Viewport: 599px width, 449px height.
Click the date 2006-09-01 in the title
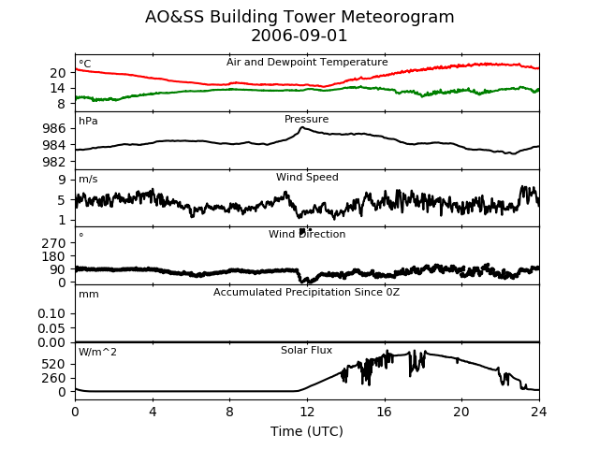(299, 36)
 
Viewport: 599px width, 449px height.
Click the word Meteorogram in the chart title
(397, 17)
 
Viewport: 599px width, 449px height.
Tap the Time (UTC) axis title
(307, 431)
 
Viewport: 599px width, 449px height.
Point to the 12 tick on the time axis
(307, 412)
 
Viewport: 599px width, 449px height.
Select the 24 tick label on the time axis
(539, 412)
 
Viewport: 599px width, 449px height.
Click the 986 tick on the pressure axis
(54, 128)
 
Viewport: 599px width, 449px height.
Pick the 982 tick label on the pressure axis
(54, 162)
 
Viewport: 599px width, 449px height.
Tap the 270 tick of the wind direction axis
(54, 243)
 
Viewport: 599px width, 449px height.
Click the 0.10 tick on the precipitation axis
(51, 313)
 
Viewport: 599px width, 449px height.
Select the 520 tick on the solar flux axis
(54, 364)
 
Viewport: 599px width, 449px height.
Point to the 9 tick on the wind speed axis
(62, 180)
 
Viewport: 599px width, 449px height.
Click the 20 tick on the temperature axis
(58, 73)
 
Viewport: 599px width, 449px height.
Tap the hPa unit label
(88, 122)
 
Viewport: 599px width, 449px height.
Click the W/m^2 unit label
(97, 352)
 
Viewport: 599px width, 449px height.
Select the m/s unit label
(88, 179)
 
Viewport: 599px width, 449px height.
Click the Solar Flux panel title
(306, 350)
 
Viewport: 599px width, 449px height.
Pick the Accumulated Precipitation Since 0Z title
(306, 293)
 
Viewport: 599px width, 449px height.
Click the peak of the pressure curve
(302, 127)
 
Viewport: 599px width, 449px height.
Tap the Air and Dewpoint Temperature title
(307, 63)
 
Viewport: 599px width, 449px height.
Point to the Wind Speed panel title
(307, 177)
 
